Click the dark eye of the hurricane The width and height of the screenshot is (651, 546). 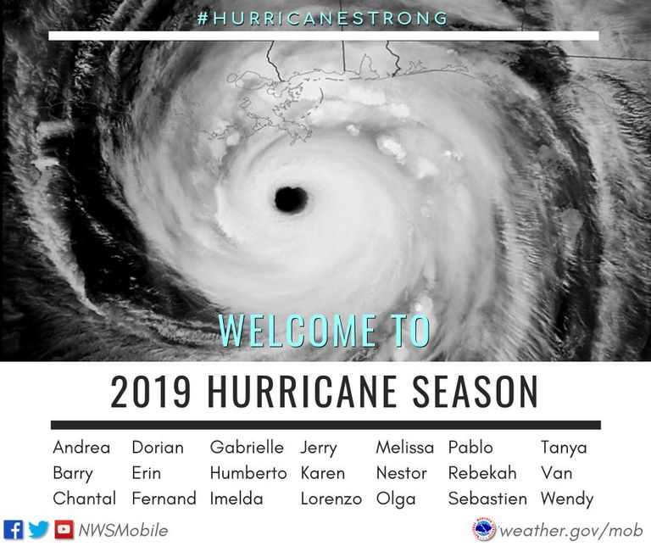pos(291,200)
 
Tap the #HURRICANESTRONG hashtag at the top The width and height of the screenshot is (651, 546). pos(323,19)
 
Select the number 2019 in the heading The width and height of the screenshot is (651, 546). pos(151,392)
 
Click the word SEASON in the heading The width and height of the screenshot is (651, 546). pos(476,392)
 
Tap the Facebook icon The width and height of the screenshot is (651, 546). pos(13,530)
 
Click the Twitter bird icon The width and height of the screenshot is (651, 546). pos(39,530)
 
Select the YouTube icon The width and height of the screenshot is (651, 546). pos(64,530)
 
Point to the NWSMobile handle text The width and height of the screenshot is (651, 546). pos(123,531)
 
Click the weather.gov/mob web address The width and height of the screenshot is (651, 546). pos(570,531)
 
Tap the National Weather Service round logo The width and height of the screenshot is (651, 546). pos(485,530)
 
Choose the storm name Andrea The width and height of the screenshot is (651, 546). pos(81,448)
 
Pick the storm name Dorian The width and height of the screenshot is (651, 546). pos(158,448)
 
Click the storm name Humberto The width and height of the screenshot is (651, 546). pos(248,473)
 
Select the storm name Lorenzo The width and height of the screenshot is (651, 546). pos(331,499)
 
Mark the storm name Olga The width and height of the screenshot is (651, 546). pos(396,499)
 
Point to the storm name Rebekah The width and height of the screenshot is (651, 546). pos(482,473)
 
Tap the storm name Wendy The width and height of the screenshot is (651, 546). pos(567,499)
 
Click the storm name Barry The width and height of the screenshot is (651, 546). pos(73,474)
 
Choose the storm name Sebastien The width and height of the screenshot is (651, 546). pos(488,499)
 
